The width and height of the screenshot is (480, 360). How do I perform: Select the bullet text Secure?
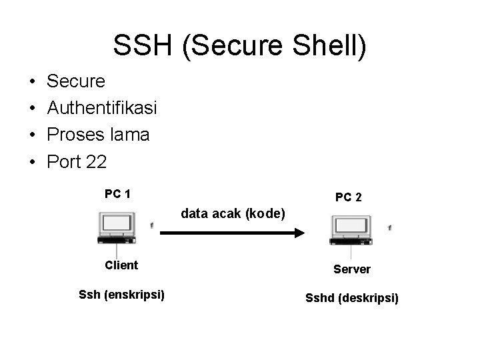(x=76, y=81)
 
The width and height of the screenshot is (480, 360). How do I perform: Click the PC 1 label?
(x=117, y=194)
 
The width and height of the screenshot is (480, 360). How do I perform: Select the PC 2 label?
(x=349, y=197)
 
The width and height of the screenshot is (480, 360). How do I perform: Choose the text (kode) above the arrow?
(x=266, y=214)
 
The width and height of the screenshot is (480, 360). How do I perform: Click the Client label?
(x=121, y=265)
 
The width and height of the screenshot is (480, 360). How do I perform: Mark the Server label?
(x=352, y=269)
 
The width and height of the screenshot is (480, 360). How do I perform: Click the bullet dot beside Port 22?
(x=33, y=162)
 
